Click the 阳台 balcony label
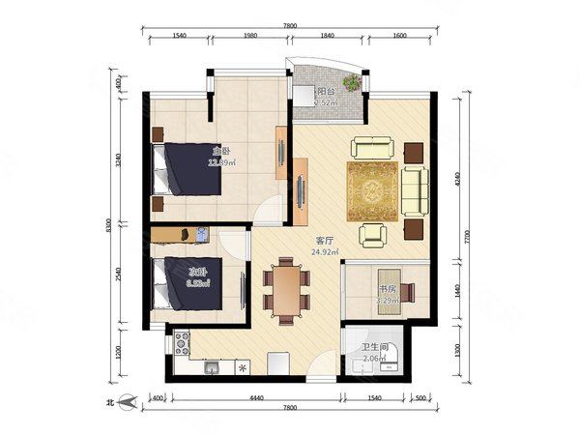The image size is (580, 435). [327, 92]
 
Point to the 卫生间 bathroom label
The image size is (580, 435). [375, 346]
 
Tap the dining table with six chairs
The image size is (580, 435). [287, 288]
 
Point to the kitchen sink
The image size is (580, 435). [211, 367]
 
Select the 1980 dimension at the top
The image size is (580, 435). [249, 36]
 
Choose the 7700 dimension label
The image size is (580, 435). [469, 235]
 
